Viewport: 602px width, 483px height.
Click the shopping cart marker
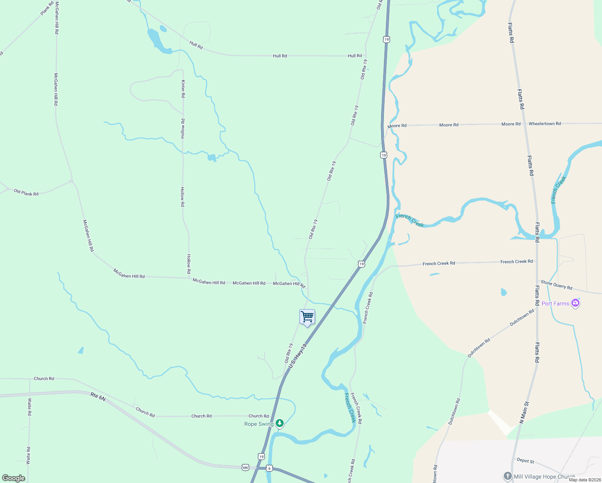(307, 317)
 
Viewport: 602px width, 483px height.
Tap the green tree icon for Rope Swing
(280, 423)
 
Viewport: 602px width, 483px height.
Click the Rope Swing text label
(259, 424)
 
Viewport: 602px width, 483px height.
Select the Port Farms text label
(555, 303)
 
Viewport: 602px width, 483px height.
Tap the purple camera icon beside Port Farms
(575, 303)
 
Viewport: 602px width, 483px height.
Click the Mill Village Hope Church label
(544, 477)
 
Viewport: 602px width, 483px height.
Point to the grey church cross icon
(508, 476)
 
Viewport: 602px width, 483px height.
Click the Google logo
(13, 478)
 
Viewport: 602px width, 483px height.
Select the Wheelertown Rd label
(544, 124)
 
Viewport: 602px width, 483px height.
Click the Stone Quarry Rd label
(557, 285)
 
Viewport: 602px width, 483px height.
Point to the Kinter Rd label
(183, 89)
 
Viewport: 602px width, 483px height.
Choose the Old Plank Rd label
(26, 193)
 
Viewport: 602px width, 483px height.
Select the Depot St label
(526, 460)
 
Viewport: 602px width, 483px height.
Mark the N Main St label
(524, 412)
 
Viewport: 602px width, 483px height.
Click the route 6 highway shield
(269, 468)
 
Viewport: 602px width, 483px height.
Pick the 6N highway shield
(245, 467)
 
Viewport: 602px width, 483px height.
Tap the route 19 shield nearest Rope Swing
(262, 456)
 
